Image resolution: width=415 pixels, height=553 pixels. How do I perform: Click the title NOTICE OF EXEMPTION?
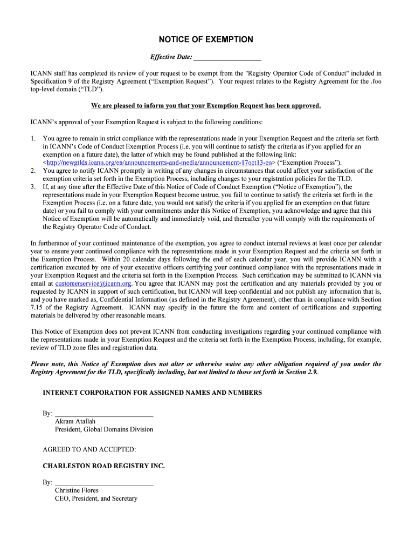tap(205, 39)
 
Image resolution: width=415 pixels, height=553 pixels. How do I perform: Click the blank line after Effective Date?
tap(227, 57)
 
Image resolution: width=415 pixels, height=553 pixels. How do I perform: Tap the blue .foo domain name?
tap(376, 82)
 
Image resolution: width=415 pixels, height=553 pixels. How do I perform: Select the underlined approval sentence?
tap(206, 106)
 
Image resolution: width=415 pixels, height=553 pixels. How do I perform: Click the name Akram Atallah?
tap(76, 421)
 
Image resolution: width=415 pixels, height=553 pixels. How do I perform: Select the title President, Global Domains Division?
tap(104, 429)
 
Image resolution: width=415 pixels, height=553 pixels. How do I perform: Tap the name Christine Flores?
tap(77, 490)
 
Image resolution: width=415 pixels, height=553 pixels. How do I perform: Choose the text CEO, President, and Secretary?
tap(96, 498)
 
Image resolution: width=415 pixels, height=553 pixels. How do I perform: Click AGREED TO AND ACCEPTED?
tap(89, 449)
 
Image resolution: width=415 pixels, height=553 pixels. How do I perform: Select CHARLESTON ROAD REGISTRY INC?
tap(104, 466)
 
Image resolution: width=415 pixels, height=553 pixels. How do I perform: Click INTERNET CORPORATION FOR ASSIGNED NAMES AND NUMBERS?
tap(153, 393)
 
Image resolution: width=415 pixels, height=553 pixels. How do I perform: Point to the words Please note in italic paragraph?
tap(48, 364)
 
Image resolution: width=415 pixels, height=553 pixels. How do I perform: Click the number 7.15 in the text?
tap(38, 307)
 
